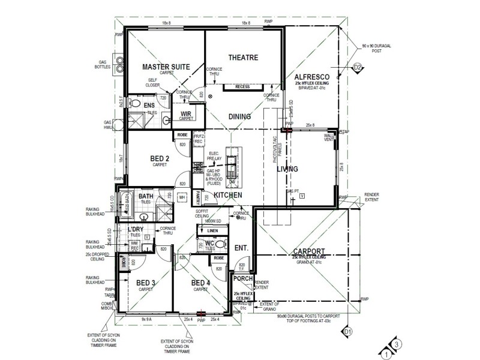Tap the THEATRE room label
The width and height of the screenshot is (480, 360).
pos(242,58)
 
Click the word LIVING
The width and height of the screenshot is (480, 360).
pos(287,170)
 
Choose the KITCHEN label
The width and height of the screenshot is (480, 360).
pos(229,196)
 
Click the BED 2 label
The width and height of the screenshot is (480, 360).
pos(159,159)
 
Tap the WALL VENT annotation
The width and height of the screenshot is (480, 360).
pos(329,138)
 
